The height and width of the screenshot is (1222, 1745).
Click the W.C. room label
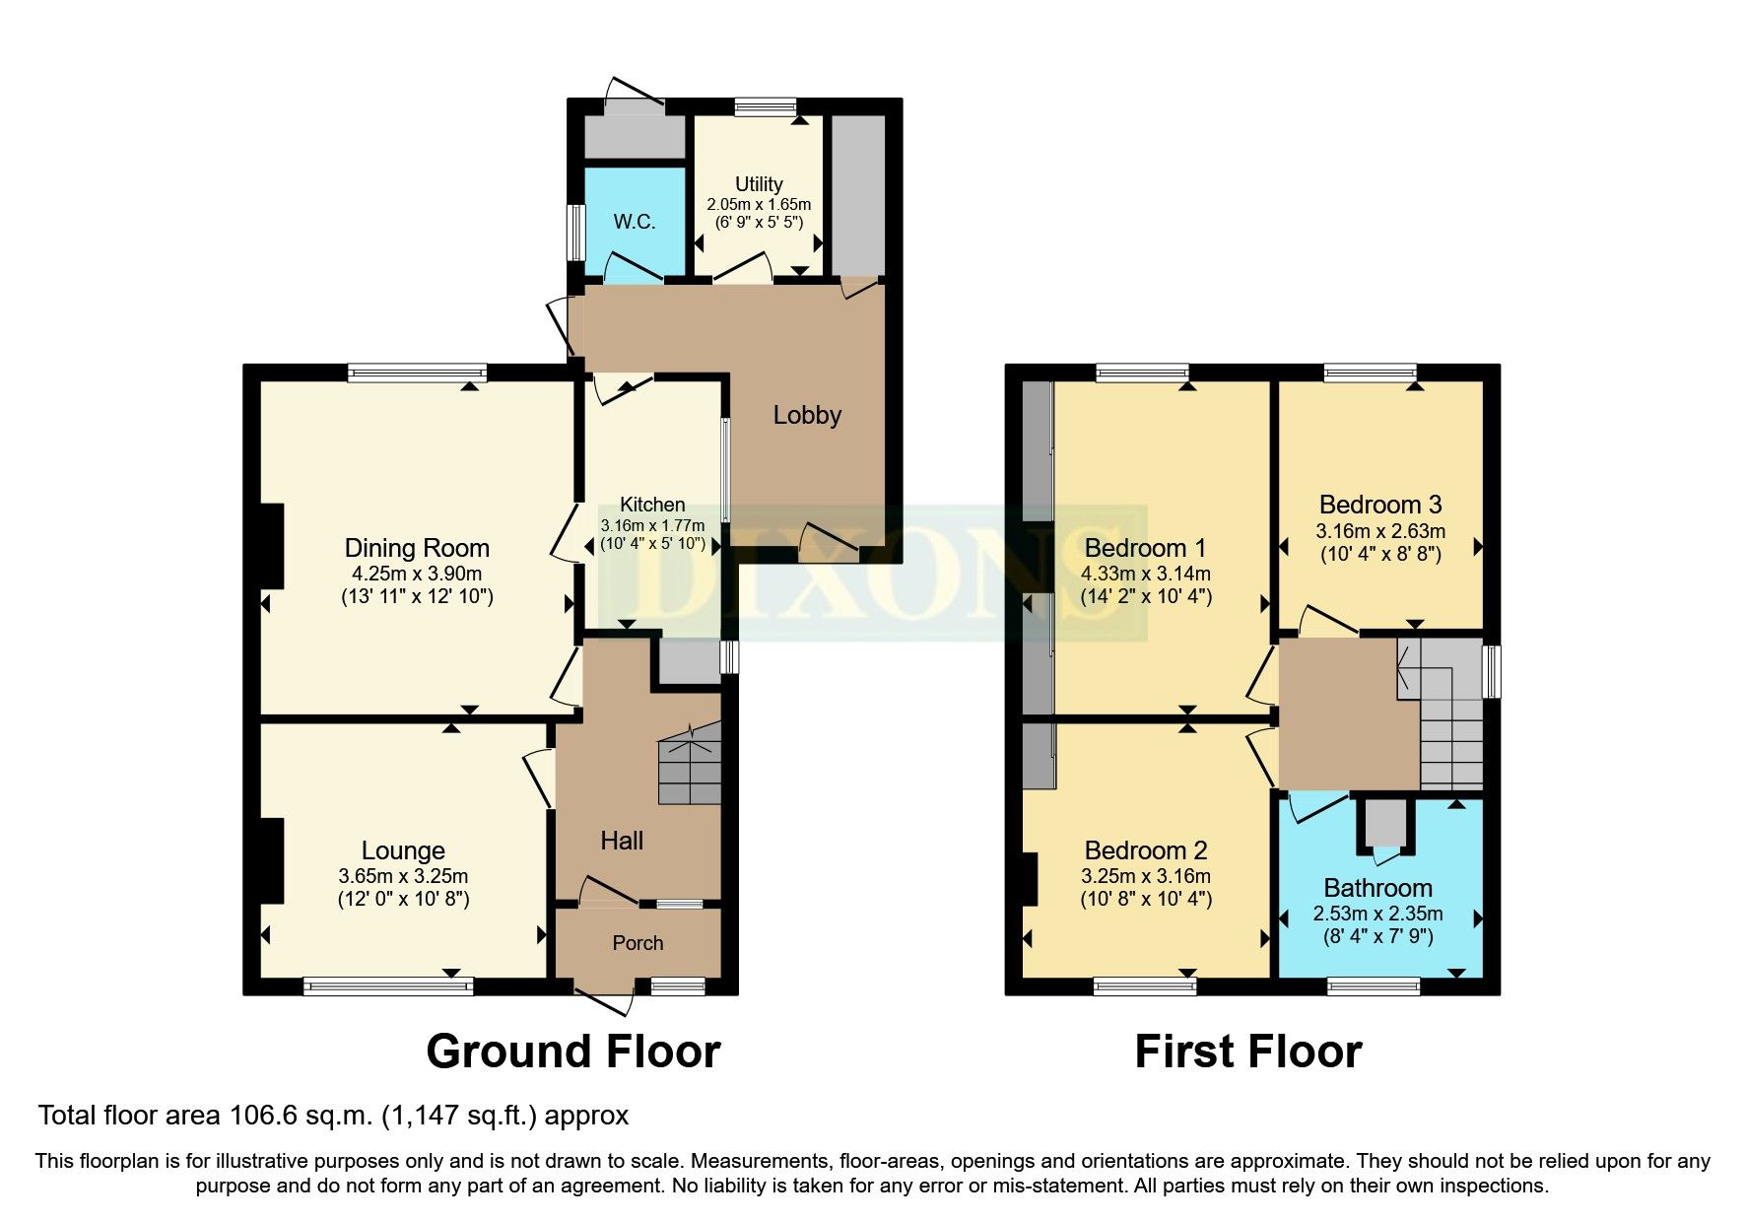634,222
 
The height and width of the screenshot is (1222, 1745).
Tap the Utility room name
759,184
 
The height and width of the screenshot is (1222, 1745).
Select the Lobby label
807,415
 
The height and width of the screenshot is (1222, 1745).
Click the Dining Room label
417,548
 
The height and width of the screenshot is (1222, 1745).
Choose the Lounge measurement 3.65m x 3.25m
403,876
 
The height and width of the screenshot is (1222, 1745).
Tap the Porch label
638,943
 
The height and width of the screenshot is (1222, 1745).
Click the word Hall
622,841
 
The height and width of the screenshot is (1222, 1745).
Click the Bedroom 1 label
1145,548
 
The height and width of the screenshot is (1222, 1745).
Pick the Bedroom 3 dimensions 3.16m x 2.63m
1379,531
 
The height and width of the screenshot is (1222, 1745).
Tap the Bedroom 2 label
1145,850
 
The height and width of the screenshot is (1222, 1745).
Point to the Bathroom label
1377,888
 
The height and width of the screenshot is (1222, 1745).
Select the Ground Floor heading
572,1052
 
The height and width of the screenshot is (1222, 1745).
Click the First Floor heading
1247,1052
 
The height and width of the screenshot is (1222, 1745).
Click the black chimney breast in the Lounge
271,860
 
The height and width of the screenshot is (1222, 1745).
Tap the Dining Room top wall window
417,373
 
